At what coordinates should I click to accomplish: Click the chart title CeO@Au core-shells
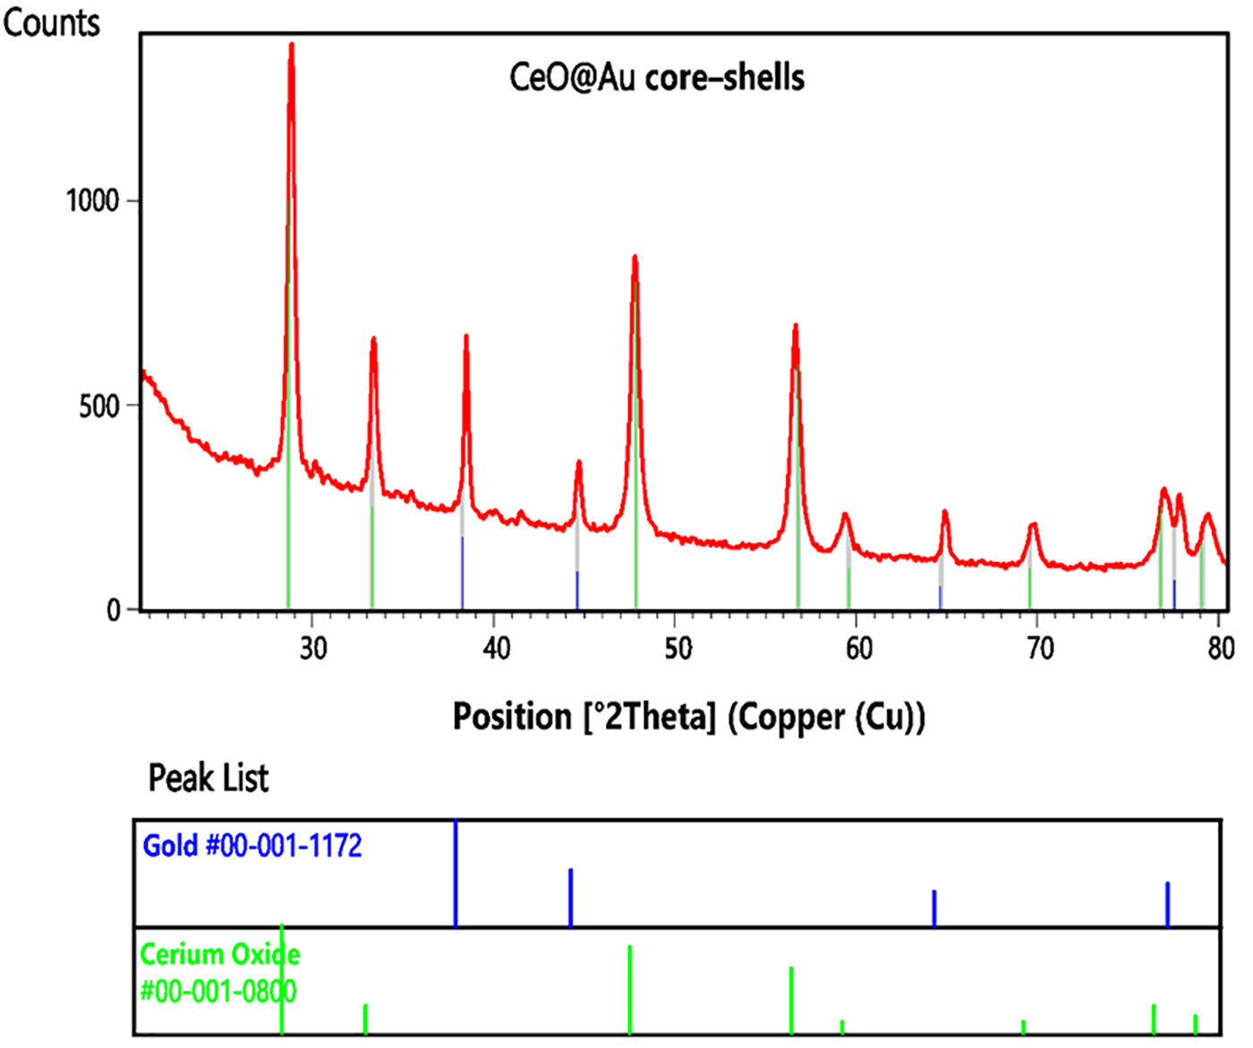[656, 78]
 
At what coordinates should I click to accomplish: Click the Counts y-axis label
[51, 22]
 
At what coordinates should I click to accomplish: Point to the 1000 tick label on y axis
[92, 200]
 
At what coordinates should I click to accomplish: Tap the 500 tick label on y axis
[98, 405]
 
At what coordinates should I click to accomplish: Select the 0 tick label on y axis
[114, 610]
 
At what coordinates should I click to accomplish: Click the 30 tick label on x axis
[313, 648]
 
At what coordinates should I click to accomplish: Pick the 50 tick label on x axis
[678, 648]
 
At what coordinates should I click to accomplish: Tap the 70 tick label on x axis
[1039, 648]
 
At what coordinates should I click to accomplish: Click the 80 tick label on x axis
[1221, 648]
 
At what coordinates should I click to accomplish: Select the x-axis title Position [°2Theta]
[688, 717]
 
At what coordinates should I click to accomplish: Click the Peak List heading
[208, 778]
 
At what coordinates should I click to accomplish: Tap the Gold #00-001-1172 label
[252, 846]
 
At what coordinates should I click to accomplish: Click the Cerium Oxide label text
[220, 954]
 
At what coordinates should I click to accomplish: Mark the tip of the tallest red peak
[292, 45]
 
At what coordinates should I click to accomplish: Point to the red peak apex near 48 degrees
[635, 258]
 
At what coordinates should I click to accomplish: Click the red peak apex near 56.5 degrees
[795, 327]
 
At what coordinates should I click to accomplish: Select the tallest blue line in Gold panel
[456, 873]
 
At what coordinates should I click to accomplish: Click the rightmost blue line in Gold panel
[1167, 904]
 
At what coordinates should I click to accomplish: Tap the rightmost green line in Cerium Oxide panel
[1195, 1024]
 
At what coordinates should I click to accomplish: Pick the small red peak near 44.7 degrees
[579, 463]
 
